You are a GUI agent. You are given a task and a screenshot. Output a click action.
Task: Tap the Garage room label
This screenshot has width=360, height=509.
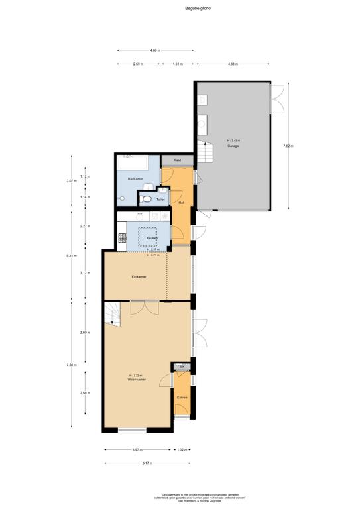click(233, 146)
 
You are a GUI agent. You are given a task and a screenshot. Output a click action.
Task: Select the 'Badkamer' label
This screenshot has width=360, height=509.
click(136, 179)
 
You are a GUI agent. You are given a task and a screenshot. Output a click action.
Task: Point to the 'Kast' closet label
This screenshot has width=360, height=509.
click(177, 160)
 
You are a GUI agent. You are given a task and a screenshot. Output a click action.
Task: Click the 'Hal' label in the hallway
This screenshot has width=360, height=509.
click(181, 202)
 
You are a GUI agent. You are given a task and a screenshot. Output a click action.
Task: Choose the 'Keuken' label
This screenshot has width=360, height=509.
click(152, 237)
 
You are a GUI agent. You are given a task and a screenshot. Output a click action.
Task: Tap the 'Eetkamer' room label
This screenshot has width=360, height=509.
click(139, 277)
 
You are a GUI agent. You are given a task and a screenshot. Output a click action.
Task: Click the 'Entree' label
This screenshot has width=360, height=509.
click(182, 398)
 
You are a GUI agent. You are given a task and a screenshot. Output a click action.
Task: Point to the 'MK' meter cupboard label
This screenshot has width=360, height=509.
click(182, 367)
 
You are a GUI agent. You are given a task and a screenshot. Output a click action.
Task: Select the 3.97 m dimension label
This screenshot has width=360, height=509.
click(136, 450)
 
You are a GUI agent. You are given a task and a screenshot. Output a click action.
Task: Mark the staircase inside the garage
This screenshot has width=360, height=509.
click(208, 154)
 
